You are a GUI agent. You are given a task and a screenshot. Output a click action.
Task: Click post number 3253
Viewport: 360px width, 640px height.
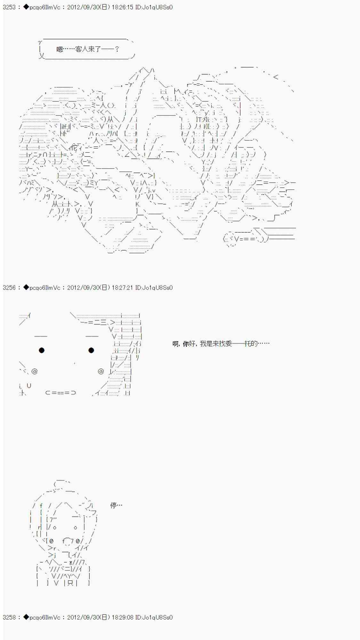[x=9, y=7]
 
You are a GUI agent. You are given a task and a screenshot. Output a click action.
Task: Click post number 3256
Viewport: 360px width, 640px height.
[x=9, y=288]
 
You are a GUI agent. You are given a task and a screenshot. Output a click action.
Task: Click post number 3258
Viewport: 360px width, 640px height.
[x=9, y=617]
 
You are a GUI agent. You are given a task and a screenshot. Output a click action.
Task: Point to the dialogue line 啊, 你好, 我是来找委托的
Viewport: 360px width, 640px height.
[x=221, y=344]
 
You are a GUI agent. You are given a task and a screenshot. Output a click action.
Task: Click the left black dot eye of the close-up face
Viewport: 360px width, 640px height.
[x=42, y=350]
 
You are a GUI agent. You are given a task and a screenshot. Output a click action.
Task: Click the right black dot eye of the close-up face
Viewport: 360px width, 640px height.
[x=91, y=350]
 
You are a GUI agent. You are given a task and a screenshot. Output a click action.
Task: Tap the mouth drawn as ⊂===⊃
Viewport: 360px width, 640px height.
[x=61, y=393]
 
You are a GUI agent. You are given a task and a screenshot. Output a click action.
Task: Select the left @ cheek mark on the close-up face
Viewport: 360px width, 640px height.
[x=35, y=371]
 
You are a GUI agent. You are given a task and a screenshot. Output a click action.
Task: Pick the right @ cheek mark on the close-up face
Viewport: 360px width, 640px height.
[x=101, y=371]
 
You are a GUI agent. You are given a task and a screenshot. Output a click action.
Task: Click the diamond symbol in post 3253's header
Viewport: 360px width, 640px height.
[x=26, y=7]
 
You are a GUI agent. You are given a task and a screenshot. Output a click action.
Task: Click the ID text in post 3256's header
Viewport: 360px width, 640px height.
[x=154, y=288]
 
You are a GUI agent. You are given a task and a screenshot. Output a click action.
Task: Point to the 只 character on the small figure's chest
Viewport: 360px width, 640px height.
[x=70, y=583]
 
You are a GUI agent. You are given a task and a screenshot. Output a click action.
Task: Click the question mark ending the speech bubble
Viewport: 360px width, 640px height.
[x=117, y=49]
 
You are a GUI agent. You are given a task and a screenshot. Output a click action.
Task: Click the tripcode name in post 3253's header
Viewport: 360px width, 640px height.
[x=45, y=7]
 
